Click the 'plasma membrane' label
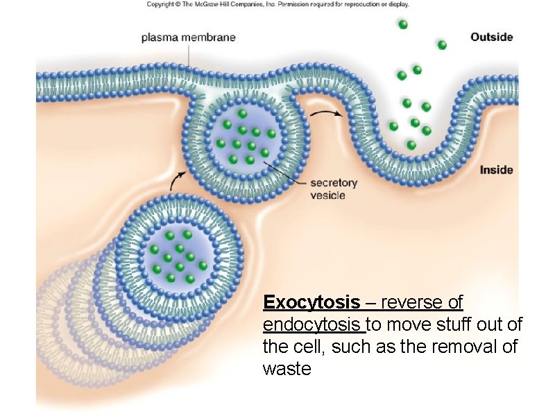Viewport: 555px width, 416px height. pos(188,37)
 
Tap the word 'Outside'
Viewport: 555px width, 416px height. pos(491,37)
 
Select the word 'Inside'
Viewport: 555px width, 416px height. pos(496,170)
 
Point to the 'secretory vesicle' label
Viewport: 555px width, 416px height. pos(333,189)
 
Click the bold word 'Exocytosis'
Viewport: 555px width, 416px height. pos(311,303)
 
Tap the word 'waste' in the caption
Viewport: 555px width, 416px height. pos(287,369)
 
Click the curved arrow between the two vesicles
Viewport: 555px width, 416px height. pos(178,180)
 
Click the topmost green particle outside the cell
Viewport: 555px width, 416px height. pos(403,24)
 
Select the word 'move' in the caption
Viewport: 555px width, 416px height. pos(404,324)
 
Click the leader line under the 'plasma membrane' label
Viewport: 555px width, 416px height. pos(188,55)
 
